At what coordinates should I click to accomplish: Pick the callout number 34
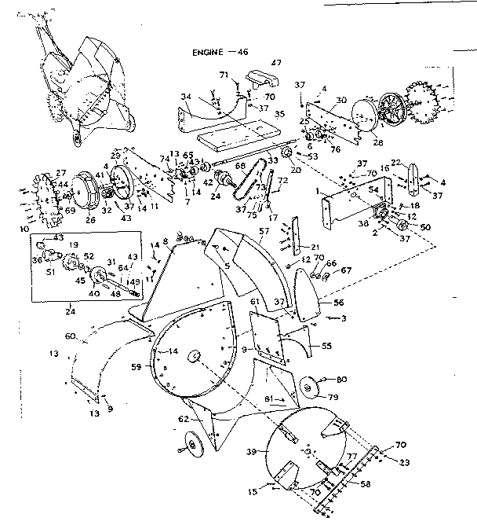click(185, 97)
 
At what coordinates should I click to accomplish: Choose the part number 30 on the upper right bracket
click(340, 100)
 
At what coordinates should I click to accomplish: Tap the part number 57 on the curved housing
click(264, 233)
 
